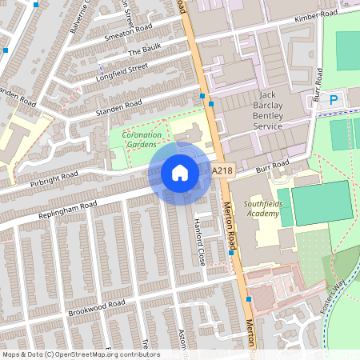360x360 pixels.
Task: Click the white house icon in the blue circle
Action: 180,173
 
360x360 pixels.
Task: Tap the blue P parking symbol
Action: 334,99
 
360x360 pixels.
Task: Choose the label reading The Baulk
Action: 145,47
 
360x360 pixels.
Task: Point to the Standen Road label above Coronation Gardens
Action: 118,106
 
